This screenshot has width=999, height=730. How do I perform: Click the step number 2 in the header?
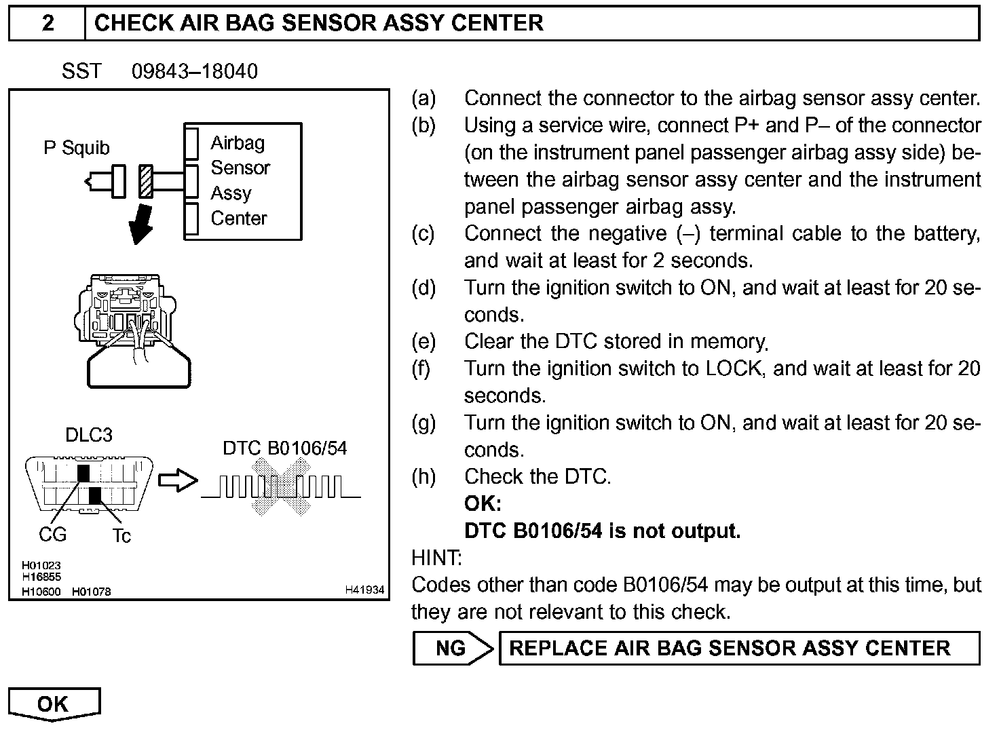pyautogui.click(x=48, y=23)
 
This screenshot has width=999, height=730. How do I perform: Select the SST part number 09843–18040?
pyautogui.click(x=195, y=71)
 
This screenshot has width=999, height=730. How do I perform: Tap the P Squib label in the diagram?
pyautogui.click(x=76, y=148)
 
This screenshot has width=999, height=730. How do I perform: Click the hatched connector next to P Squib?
pyautogui.click(x=145, y=181)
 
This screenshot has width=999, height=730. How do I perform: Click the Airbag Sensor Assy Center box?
pyautogui.click(x=242, y=181)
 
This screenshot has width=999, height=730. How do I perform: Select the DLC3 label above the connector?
pyautogui.click(x=89, y=435)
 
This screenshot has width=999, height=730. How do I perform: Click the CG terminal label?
pyautogui.click(x=52, y=535)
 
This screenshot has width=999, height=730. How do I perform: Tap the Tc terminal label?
pyautogui.click(x=121, y=536)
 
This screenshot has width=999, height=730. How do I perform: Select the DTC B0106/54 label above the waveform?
pyautogui.click(x=284, y=448)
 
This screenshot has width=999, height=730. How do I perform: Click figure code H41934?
pyautogui.click(x=365, y=590)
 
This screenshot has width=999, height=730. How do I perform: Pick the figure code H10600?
pyautogui.click(x=41, y=592)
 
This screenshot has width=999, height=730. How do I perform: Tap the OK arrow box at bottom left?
pyautogui.click(x=54, y=704)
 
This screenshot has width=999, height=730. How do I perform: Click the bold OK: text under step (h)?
pyautogui.click(x=483, y=503)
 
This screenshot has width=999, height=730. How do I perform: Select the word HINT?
pyautogui.click(x=436, y=558)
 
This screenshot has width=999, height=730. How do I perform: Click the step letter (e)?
pyautogui.click(x=423, y=341)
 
